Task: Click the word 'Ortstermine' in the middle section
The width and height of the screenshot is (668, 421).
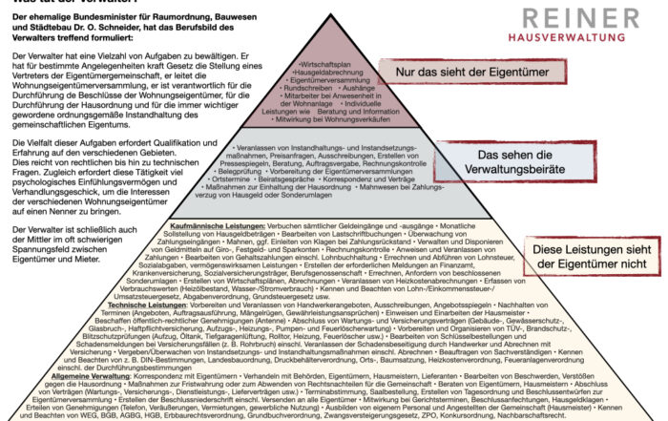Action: click(x=250, y=179)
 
